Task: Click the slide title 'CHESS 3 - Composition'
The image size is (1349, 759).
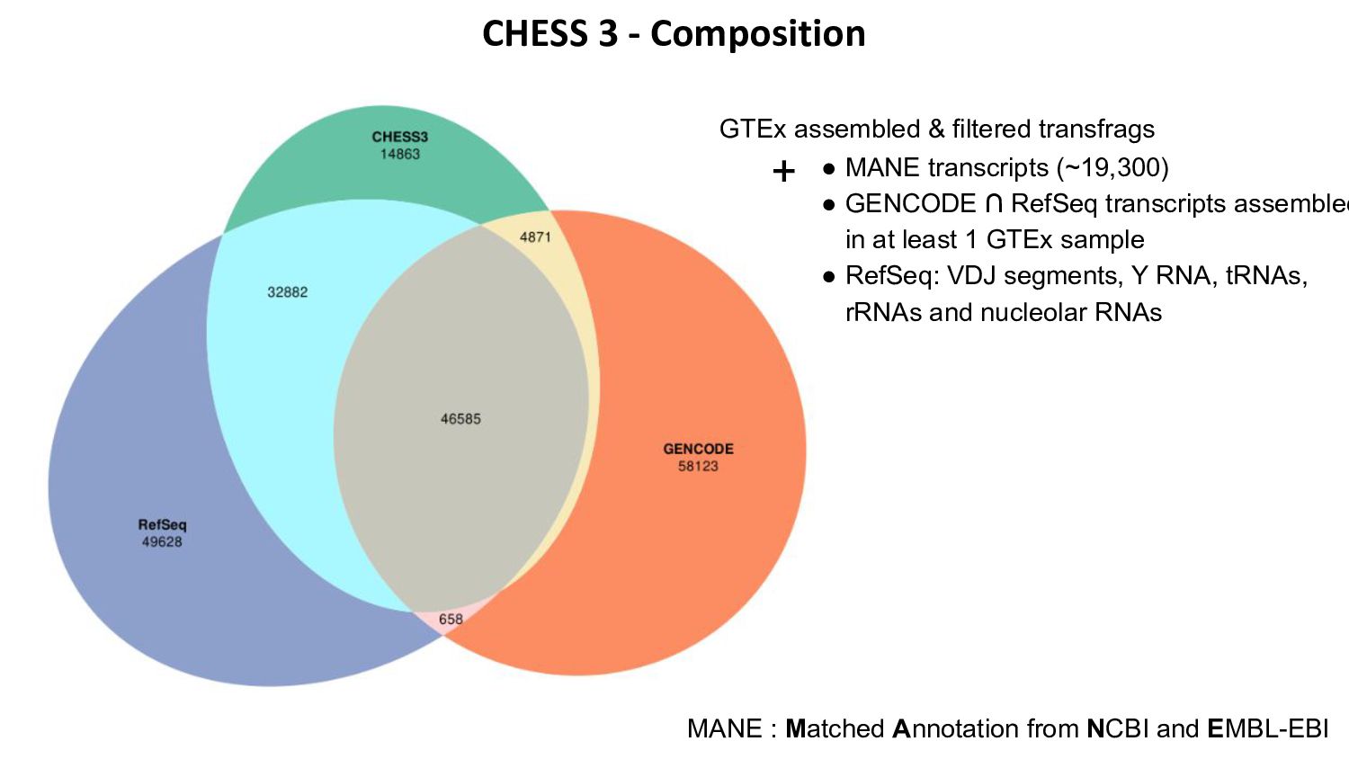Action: [674, 34]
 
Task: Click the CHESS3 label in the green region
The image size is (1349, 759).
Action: [400, 137]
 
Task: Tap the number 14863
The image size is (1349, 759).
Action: [400, 154]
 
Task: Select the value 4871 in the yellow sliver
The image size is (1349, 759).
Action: [535, 237]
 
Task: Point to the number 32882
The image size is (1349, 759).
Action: [287, 291]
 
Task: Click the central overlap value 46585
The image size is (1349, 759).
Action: [460, 418]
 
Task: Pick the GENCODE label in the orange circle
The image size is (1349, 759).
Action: [698, 449]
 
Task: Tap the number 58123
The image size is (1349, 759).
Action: [698, 466]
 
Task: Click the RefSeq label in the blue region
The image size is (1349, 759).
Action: [162, 524]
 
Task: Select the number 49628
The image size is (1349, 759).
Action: [162, 541]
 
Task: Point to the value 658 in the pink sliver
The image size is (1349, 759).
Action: [451, 619]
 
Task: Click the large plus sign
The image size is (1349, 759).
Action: [783, 171]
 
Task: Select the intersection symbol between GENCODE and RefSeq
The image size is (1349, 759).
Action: [993, 204]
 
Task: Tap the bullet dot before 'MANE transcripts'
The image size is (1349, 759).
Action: [829, 169]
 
